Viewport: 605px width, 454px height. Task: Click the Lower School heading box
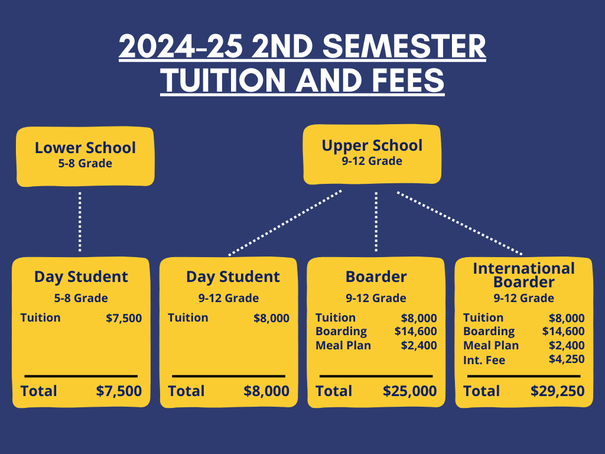point(84,155)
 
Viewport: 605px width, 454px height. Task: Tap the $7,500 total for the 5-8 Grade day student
point(119,391)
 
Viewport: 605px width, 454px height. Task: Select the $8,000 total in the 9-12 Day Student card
point(266,391)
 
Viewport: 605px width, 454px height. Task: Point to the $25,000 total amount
point(410,391)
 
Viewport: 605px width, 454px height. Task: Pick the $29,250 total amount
point(558,391)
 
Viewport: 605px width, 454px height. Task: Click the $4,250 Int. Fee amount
point(567,359)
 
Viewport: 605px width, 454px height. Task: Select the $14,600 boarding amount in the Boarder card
point(416,331)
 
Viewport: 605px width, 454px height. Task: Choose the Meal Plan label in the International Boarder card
point(491,345)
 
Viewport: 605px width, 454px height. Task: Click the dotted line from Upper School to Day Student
point(285,222)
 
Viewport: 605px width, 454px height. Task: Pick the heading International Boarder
point(524,275)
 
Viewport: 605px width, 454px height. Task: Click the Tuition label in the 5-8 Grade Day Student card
point(40,317)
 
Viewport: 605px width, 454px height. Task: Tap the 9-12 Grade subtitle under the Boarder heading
point(376,298)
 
